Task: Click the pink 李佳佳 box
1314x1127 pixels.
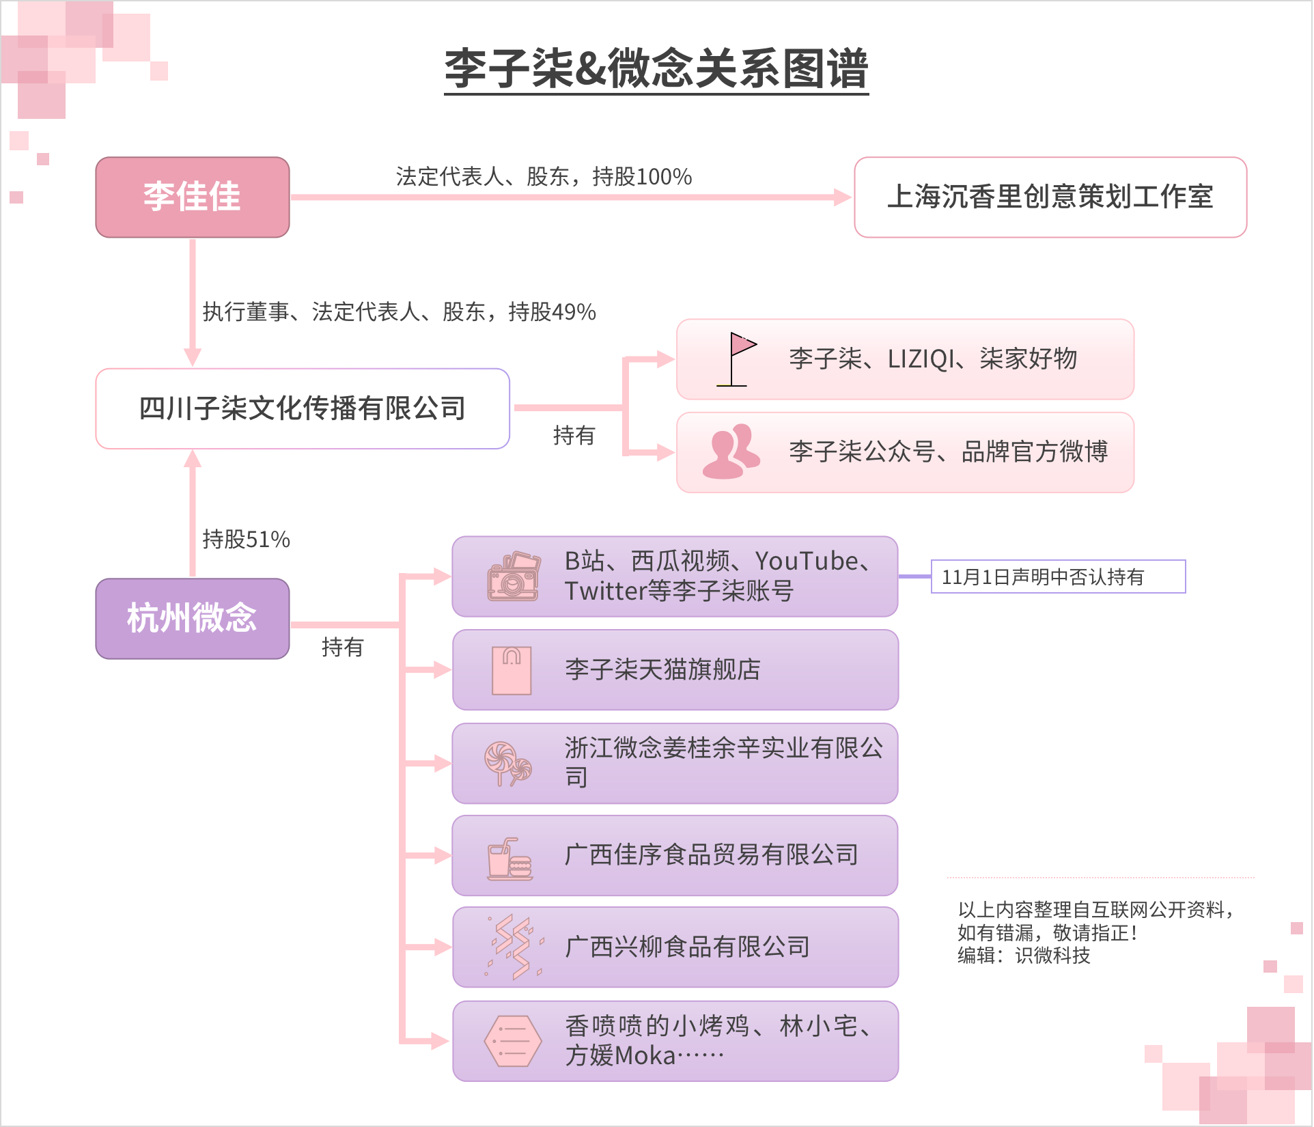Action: pyautogui.click(x=192, y=197)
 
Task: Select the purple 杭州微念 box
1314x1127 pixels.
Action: pyautogui.click(x=192, y=618)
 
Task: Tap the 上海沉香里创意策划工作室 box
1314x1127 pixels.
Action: pyautogui.click(x=1050, y=197)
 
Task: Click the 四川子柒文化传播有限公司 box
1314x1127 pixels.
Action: pyautogui.click(x=303, y=408)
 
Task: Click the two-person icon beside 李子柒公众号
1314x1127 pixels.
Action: pyautogui.click(x=731, y=451)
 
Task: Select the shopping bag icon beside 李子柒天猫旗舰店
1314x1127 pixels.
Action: pyautogui.click(x=512, y=670)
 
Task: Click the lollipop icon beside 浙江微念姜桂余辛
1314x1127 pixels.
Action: pyautogui.click(x=507, y=763)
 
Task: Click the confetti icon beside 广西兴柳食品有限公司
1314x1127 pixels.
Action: pyautogui.click(x=514, y=947)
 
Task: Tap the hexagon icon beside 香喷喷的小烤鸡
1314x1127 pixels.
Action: pyautogui.click(x=512, y=1041)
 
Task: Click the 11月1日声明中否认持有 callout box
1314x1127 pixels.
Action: pyautogui.click(x=1058, y=577)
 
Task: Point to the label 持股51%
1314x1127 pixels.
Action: pyautogui.click(x=246, y=540)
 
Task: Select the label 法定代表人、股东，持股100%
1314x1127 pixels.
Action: pyautogui.click(x=544, y=177)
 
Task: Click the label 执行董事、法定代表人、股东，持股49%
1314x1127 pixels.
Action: pyautogui.click(x=399, y=312)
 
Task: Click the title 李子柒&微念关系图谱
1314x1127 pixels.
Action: pyautogui.click(x=656, y=69)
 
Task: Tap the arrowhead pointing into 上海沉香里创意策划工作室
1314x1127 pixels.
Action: pyautogui.click(x=843, y=197)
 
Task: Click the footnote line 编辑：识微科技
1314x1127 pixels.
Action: pyautogui.click(x=1023, y=955)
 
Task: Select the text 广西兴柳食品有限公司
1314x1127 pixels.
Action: pyautogui.click(x=687, y=947)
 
